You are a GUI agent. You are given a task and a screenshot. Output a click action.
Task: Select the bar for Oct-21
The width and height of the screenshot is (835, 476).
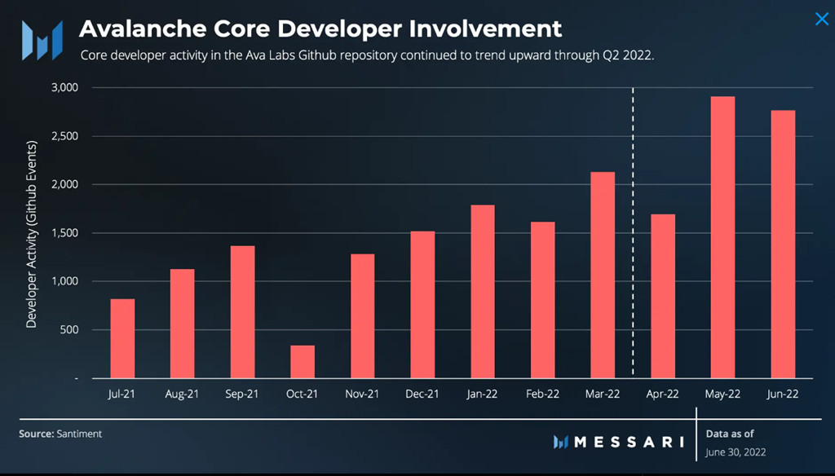click(303, 362)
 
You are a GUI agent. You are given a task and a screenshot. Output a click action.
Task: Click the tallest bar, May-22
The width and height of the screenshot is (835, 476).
click(722, 237)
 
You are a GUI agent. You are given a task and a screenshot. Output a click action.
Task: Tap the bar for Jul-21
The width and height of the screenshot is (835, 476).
click(122, 338)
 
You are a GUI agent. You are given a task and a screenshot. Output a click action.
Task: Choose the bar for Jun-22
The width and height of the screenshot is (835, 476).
click(783, 244)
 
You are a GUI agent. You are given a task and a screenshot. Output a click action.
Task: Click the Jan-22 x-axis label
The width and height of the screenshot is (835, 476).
click(482, 394)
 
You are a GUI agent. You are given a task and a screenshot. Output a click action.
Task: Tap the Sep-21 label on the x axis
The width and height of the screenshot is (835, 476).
click(241, 394)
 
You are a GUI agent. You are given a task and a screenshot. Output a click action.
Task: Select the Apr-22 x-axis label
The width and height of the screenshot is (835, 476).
click(662, 394)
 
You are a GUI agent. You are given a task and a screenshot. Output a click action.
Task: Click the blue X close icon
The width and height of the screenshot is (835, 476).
click(821, 20)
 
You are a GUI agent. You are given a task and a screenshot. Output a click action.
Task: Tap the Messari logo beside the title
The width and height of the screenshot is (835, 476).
click(42, 38)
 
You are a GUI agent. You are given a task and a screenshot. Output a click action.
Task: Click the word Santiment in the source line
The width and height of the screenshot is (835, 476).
click(79, 434)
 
